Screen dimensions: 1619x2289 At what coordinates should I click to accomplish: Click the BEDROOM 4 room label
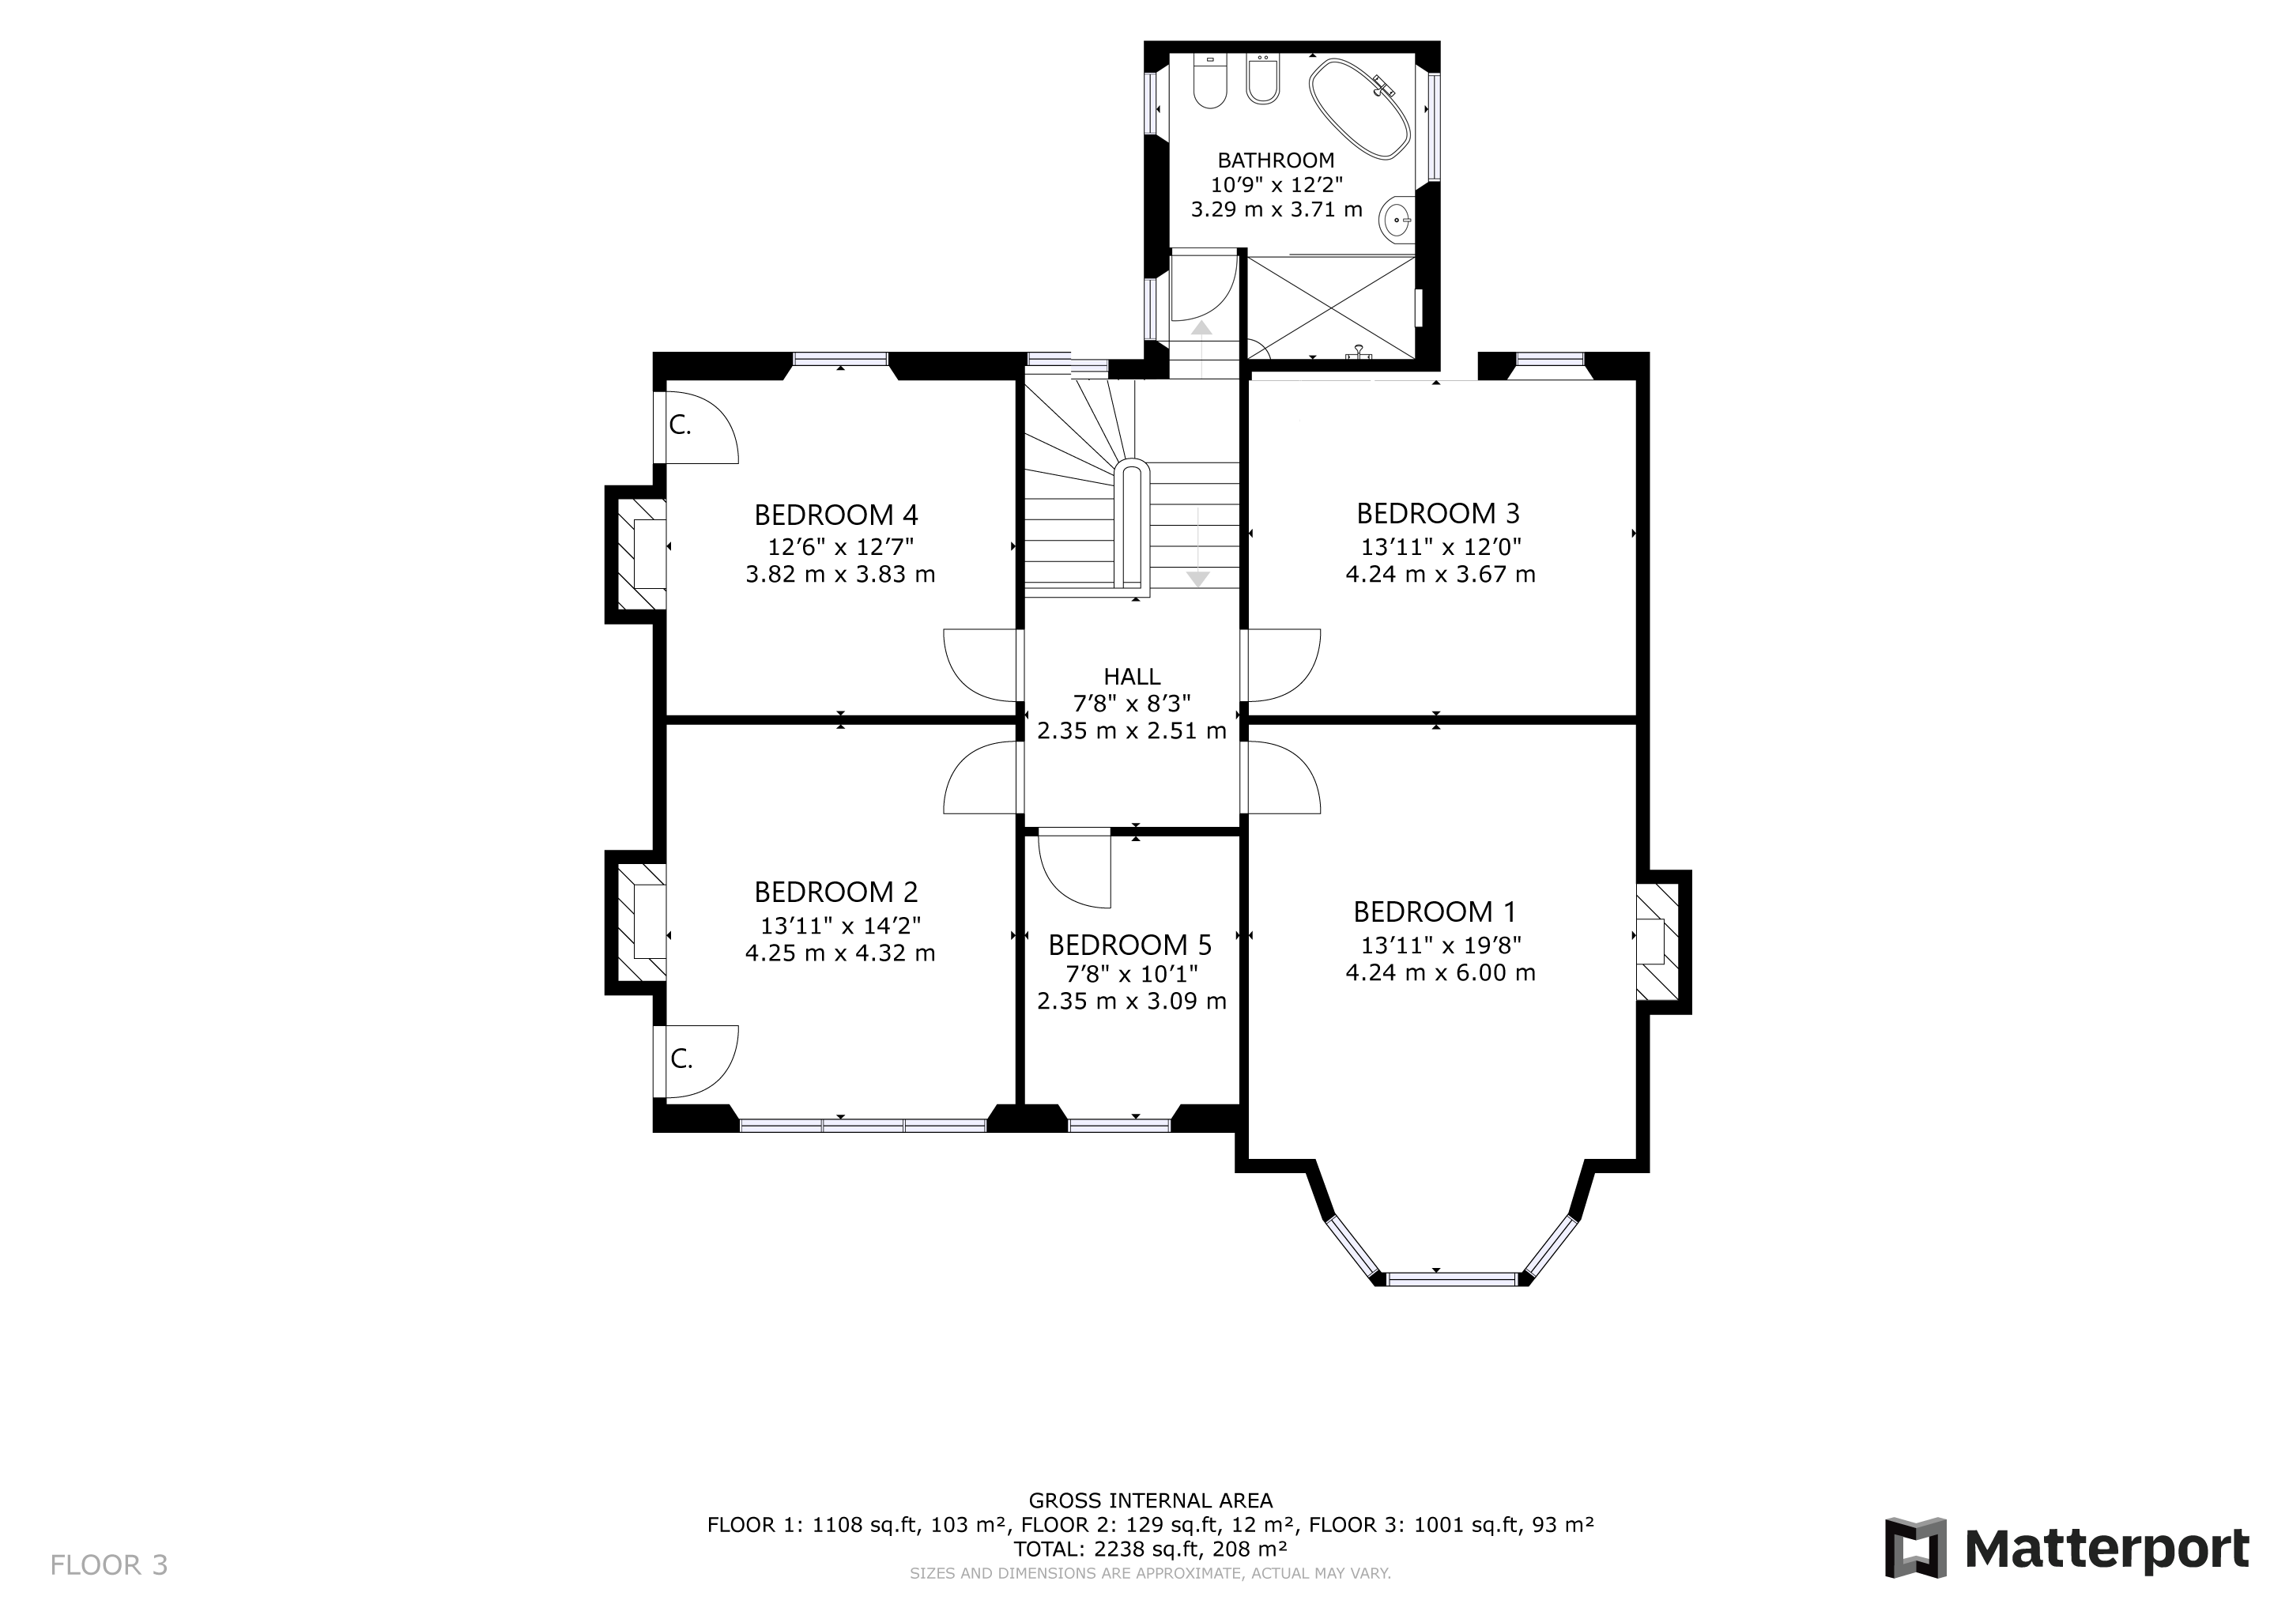click(835, 515)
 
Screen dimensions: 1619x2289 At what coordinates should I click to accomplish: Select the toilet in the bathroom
click(1209, 85)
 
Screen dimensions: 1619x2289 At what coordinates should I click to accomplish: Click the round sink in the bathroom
click(1397, 218)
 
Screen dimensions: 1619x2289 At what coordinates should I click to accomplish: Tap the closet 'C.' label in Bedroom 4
click(680, 425)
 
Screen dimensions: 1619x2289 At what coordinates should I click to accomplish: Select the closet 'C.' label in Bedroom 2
click(681, 1059)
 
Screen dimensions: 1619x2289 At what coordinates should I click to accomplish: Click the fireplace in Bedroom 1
click(1657, 942)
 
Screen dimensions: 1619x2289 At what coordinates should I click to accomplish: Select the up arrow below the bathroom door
click(1202, 327)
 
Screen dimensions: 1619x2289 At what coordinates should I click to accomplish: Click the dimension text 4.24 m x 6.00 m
click(1439, 973)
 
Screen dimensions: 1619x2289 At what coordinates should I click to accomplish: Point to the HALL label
click(1132, 676)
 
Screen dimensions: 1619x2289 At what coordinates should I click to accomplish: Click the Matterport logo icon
click(1915, 1548)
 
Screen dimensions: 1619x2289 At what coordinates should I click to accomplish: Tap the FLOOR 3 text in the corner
click(108, 1565)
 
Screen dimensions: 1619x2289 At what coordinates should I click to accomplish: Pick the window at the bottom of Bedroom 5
click(1118, 1126)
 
